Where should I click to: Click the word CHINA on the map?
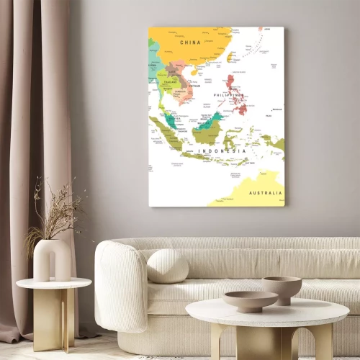coord(191,42)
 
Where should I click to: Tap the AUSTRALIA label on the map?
coord(265,193)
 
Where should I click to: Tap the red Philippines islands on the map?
coord(236,94)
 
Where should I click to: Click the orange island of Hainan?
coord(194,72)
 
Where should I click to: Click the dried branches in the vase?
coord(55,212)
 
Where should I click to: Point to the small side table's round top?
coord(54,283)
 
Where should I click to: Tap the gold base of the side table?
coord(55,317)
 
